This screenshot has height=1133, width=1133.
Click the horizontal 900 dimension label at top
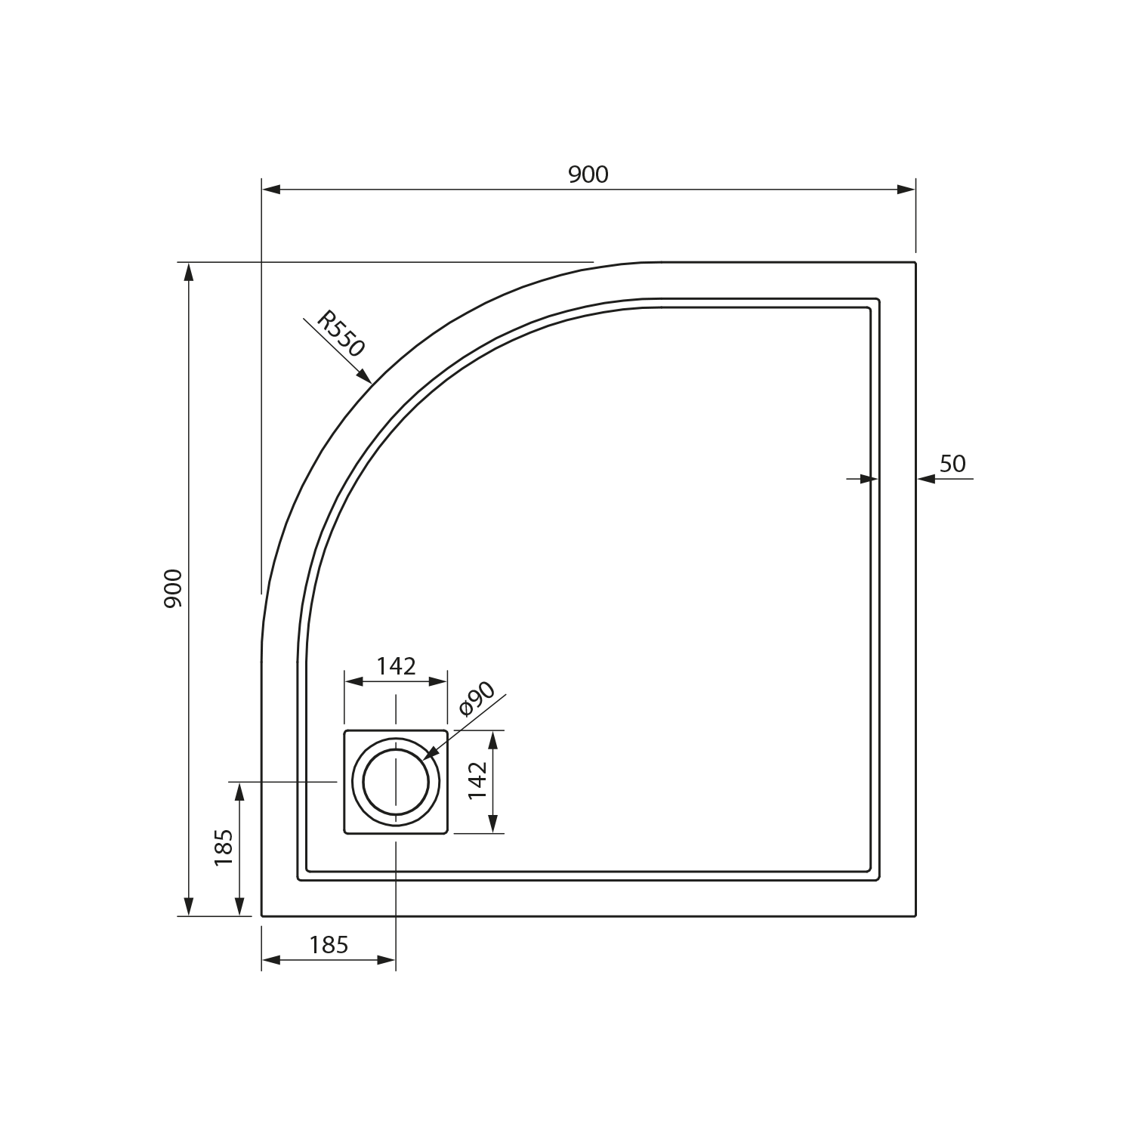click(x=588, y=174)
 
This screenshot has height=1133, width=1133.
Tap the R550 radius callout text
click(x=341, y=333)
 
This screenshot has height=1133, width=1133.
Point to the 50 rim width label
click(x=952, y=464)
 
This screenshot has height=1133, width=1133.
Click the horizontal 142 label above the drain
click(x=397, y=666)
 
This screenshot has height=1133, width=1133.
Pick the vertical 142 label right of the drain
click(x=478, y=780)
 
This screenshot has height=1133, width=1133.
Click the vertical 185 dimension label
click(x=224, y=847)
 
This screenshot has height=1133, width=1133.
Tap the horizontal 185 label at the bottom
click(x=329, y=945)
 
